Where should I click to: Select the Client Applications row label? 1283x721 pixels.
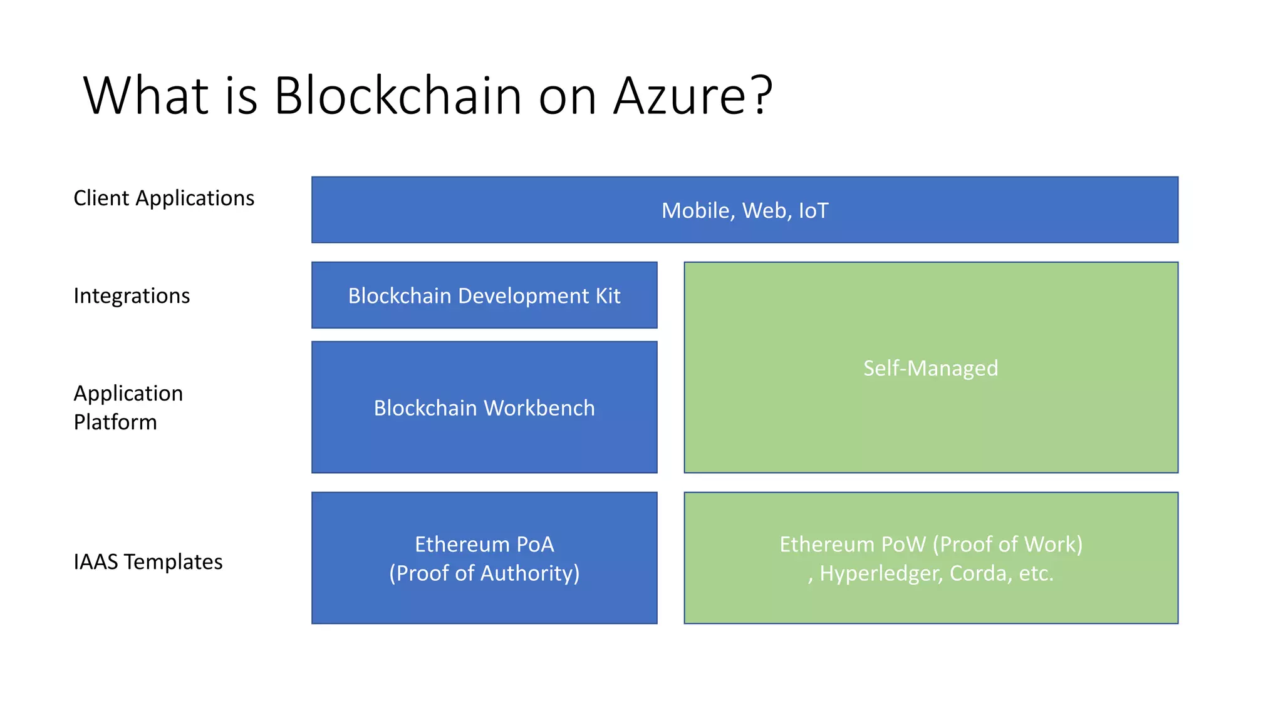[x=164, y=198]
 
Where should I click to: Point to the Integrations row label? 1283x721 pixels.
[x=132, y=295]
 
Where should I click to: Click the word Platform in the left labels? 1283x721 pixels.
[x=115, y=422]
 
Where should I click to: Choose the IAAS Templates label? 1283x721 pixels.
[x=148, y=562]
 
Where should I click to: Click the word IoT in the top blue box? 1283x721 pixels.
[x=813, y=211]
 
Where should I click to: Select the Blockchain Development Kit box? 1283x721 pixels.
[x=484, y=295]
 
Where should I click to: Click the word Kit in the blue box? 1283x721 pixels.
[x=608, y=295]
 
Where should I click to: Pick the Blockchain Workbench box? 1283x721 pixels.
[x=484, y=407]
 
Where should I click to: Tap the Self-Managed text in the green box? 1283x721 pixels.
[x=930, y=368]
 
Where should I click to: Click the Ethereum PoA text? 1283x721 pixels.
[x=484, y=545]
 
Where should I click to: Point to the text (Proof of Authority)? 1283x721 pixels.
[x=484, y=573]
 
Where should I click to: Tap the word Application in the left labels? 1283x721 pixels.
[x=128, y=394]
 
